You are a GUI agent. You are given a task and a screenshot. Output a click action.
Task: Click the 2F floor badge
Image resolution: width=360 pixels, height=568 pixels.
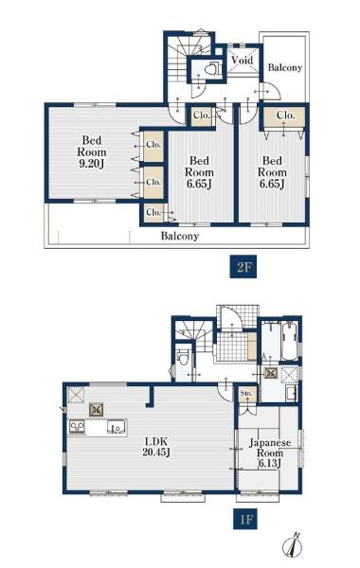[243, 267]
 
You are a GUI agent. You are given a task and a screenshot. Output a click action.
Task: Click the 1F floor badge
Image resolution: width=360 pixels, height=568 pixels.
[245, 520]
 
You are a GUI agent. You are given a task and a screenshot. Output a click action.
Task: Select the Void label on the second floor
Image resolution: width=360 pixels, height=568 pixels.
[242, 60]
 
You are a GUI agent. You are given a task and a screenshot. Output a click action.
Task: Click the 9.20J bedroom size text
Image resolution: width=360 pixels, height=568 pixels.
[91, 164]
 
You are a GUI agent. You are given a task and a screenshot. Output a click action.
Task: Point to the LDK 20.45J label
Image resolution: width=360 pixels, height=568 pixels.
[156, 447]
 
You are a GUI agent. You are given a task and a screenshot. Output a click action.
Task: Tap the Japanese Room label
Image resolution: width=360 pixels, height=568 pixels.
[270, 448]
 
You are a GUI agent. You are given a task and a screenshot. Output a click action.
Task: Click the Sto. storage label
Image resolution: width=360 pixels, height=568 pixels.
[246, 394]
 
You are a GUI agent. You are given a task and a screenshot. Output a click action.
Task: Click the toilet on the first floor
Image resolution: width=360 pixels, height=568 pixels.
[184, 357]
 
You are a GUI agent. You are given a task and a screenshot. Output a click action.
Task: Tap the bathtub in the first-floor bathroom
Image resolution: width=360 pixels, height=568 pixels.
[289, 340]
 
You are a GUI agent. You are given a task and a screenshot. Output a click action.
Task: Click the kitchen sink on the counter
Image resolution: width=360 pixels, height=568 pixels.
[117, 427]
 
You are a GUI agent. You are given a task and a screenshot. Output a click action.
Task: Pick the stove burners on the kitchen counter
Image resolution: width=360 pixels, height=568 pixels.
[77, 426]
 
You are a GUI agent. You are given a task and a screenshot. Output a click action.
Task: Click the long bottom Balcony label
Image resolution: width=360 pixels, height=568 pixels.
[180, 236]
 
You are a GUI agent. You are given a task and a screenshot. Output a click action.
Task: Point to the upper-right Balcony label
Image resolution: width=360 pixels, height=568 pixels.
[284, 67]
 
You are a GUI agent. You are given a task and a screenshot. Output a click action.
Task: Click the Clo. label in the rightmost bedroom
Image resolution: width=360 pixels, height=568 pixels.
[286, 115]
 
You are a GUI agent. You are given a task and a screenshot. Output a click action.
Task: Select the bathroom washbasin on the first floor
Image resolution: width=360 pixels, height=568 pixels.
[291, 393]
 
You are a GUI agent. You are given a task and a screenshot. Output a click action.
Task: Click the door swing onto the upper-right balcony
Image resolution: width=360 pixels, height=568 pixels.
[271, 91]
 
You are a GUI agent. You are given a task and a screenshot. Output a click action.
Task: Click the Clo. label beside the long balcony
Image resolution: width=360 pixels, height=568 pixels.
[153, 212]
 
